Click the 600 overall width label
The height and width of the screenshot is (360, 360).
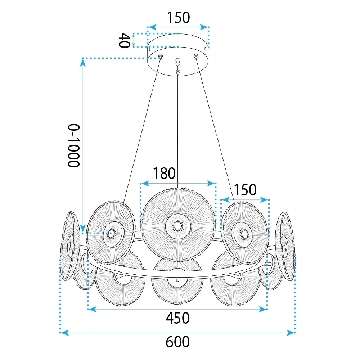coord(177,342)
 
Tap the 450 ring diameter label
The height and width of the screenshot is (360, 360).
coord(177,318)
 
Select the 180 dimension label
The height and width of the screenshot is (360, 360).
coord(164,174)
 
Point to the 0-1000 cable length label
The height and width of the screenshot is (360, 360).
coord(74,145)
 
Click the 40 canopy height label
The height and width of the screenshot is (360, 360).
coord(124,40)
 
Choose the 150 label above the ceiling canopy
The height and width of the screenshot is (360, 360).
coord(179,17)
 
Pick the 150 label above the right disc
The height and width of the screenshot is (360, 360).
coord(245,190)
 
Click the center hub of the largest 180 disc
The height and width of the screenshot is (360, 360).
coord(178,226)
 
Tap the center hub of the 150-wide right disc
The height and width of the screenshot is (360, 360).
coord(243,234)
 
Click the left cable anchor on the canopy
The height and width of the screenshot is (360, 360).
coord(161,56)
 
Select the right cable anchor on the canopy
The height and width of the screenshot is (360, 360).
coord(196,56)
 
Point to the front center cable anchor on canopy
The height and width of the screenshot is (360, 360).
coord(177,72)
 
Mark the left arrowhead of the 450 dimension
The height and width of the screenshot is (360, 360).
coord(92,309)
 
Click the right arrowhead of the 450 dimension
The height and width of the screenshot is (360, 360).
coord(263,309)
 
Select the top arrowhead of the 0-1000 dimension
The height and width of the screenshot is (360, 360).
coord(83,62)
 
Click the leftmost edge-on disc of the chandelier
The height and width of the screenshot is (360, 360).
coord(69,246)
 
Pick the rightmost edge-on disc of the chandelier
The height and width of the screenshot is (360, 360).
coord(285,246)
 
